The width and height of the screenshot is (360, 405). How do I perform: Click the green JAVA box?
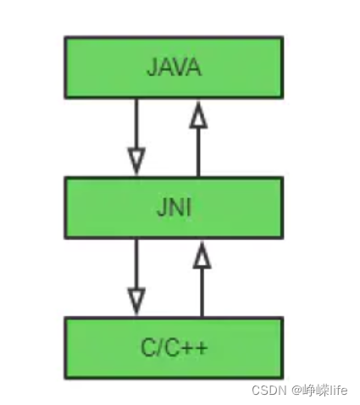point(173,67)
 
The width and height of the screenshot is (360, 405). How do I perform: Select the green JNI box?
point(173,207)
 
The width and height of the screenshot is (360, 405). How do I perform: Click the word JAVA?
point(173,68)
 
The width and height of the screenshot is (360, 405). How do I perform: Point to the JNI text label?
point(173,208)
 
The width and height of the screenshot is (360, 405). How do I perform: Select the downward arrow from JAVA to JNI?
point(135,131)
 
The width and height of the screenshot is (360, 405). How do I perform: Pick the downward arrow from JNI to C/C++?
point(135,271)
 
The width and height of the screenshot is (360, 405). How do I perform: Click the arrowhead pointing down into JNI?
point(135,159)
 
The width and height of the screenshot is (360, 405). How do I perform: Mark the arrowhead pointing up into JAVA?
point(198,114)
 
